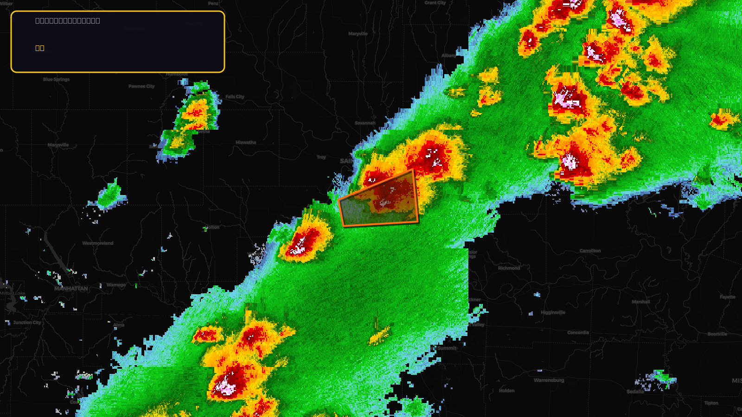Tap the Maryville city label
click(x=358, y=34)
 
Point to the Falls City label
click(x=235, y=97)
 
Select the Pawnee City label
click(x=141, y=86)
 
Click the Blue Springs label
click(x=56, y=79)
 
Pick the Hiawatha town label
click(x=246, y=142)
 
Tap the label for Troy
click(x=321, y=158)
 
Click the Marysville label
click(x=58, y=145)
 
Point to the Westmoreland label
click(x=97, y=243)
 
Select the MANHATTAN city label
click(x=71, y=289)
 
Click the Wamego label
click(x=116, y=285)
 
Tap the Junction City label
click(x=27, y=322)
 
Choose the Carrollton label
click(x=590, y=251)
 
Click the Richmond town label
click(x=509, y=268)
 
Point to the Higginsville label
click(x=553, y=312)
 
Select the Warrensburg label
click(x=549, y=380)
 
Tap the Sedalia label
click(x=635, y=392)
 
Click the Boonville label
click(x=717, y=334)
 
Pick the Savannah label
click(x=365, y=123)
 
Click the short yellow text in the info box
click(x=40, y=48)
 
